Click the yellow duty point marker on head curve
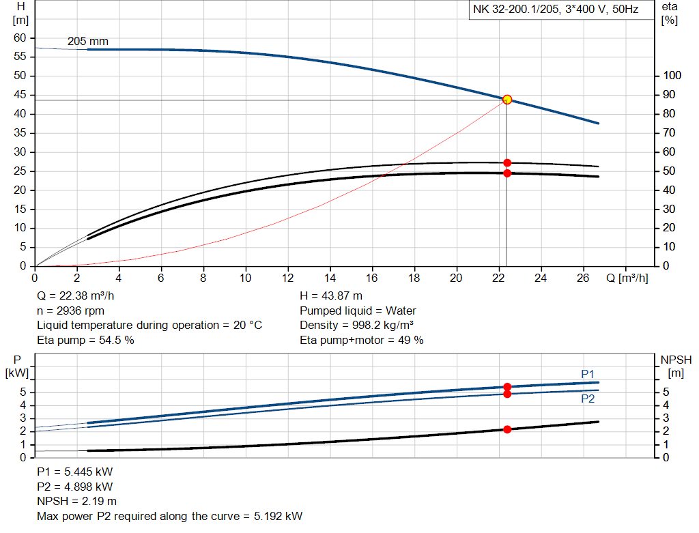[507, 100]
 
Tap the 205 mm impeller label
[87, 42]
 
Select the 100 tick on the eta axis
[672, 76]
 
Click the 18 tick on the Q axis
[414, 278]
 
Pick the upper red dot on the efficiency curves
[507, 162]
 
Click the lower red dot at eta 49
[507, 173]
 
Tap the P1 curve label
[588, 373]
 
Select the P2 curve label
[588, 399]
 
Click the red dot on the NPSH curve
[507, 429]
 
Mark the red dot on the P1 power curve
[507, 387]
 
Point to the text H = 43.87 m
[331, 296]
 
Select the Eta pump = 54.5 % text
[85, 340]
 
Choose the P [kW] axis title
[18, 366]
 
